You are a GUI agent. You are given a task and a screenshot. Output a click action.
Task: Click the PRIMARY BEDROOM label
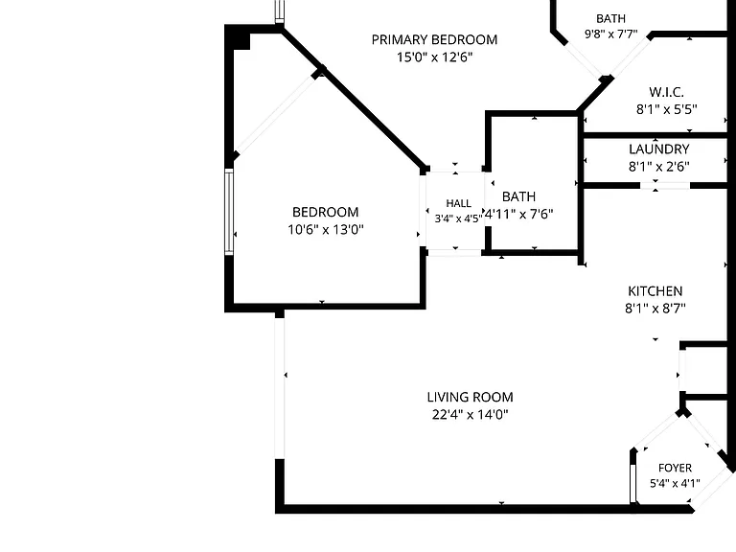[434, 40]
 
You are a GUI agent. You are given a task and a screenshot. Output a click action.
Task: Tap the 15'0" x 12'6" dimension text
[434, 57]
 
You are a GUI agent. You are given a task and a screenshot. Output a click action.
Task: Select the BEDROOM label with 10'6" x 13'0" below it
[325, 212]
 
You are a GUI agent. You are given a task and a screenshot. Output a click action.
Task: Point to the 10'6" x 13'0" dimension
[326, 230]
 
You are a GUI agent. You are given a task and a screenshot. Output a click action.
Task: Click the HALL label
[459, 203]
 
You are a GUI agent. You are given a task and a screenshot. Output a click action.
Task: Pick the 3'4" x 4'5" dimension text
[458, 218]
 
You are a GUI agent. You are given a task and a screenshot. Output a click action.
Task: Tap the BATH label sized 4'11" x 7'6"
[518, 196]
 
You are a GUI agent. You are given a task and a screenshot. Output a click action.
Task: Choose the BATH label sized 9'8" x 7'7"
[610, 19]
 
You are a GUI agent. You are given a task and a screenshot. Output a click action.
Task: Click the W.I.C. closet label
[666, 92]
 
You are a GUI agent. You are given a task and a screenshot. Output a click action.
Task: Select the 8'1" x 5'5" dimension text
[667, 109]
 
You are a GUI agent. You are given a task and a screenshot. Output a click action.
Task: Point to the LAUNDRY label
[659, 149]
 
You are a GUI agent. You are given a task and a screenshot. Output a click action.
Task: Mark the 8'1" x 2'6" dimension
[659, 167]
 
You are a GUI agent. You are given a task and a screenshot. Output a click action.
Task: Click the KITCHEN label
[655, 291]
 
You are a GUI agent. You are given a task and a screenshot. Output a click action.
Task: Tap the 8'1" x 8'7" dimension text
[655, 309]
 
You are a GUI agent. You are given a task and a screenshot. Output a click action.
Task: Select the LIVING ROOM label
[470, 397]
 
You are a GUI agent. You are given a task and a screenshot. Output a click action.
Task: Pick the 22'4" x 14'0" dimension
[470, 414]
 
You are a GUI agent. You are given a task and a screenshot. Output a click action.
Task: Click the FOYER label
[675, 468]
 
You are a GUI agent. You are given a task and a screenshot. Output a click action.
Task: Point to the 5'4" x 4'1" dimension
[675, 483]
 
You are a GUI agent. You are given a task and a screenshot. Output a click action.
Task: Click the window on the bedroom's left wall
[229, 212]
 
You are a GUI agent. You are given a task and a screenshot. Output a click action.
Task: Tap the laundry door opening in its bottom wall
[665, 185]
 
